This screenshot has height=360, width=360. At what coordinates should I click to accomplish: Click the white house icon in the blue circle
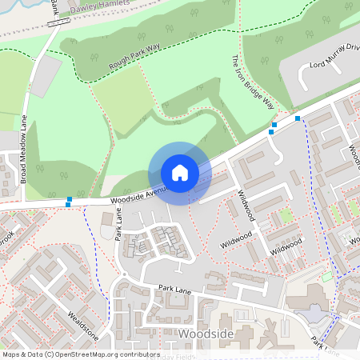tap(179, 173)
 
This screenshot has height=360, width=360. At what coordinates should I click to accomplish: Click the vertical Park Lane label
tap(118, 226)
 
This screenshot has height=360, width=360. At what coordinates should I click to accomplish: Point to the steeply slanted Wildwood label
tap(246, 205)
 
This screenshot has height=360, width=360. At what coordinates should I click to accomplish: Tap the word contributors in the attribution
tap(138, 354)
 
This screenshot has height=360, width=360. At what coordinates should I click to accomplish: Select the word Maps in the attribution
tap(11, 354)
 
